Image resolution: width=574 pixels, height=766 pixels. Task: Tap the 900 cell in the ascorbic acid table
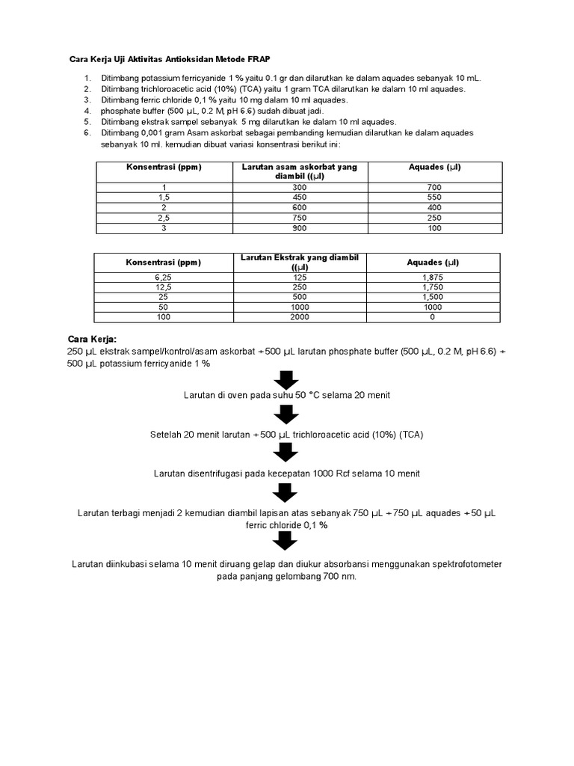click(299, 227)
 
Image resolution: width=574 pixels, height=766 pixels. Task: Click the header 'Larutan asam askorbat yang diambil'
click(299, 171)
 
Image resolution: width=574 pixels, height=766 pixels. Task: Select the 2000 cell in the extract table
click(299, 317)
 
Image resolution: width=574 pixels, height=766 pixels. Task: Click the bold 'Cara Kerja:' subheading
click(93, 340)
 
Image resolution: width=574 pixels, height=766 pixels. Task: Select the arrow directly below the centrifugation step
click(286, 493)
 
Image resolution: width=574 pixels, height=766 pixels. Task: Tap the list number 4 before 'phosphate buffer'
click(87, 110)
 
